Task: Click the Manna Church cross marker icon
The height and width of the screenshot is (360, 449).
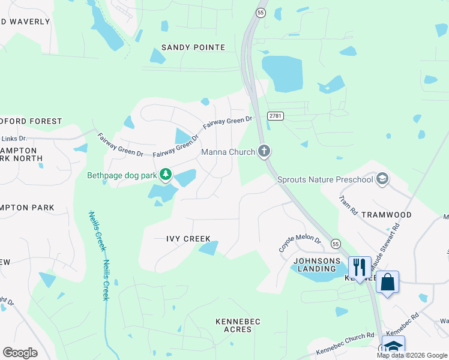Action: click(x=264, y=152)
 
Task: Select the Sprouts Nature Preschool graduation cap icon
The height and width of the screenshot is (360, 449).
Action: click(x=382, y=179)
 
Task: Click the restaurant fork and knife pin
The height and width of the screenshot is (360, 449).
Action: click(x=359, y=267)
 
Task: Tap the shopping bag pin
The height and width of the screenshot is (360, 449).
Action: click(x=387, y=281)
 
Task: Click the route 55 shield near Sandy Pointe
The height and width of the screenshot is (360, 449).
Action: click(x=260, y=12)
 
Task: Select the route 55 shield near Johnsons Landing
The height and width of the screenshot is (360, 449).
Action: click(x=336, y=244)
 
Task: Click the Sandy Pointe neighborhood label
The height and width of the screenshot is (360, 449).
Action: click(x=193, y=47)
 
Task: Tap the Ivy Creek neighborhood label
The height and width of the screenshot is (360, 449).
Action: click(x=188, y=239)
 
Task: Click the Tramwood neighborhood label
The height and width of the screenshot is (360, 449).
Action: click(x=406, y=215)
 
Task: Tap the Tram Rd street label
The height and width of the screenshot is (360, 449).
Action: click(x=348, y=205)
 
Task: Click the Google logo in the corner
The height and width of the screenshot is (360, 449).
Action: click(x=20, y=352)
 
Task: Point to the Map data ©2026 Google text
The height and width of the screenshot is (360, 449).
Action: click(x=412, y=355)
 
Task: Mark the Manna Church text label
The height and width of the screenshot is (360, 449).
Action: click(x=228, y=152)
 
